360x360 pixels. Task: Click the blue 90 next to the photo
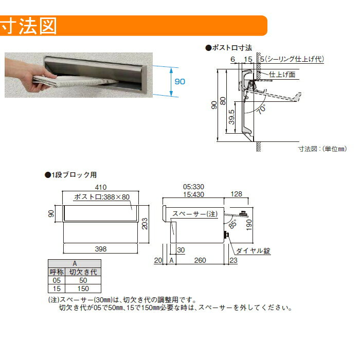[180, 81]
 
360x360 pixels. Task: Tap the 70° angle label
[261, 109]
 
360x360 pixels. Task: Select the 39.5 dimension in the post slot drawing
[231, 117]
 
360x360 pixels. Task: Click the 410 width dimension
[101, 187]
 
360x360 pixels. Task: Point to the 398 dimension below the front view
[101, 249]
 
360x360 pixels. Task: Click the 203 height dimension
[145, 224]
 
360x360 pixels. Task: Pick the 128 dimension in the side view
[236, 194]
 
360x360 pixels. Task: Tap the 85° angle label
[232, 224]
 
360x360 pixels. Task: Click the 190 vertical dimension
[249, 225]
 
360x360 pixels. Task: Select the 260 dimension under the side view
[200, 260]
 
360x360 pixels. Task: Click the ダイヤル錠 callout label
[253, 251]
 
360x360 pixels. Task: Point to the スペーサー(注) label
[195, 214]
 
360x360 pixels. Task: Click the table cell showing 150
[83, 289]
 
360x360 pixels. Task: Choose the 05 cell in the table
[57, 280]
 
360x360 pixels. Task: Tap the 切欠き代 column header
[83, 272]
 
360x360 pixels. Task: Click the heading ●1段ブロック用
[71, 175]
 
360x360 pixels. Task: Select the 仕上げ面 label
[282, 75]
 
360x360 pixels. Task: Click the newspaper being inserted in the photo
[76, 81]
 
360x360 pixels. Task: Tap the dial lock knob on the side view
[227, 235]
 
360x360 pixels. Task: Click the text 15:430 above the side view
[193, 194]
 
